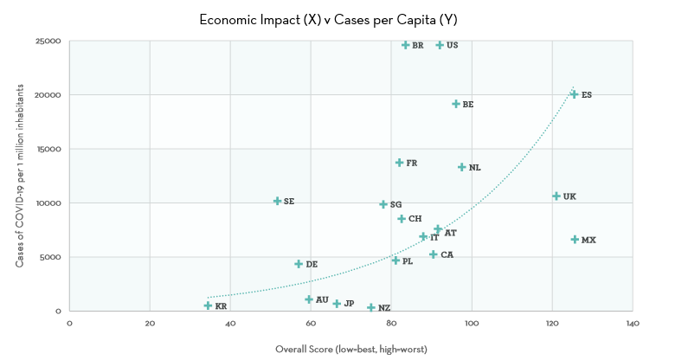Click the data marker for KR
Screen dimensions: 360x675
pyautogui.click(x=208, y=305)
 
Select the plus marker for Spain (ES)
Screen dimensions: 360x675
pyautogui.click(x=574, y=94)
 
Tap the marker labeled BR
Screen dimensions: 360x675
pyautogui.click(x=406, y=45)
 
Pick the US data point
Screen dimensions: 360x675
pyautogui.click(x=440, y=45)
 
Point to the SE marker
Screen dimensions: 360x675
pyautogui.click(x=277, y=201)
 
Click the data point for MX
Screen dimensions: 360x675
pyautogui.click(x=575, y=240)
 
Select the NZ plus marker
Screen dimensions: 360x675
pyautogui.click(x=371, y=307)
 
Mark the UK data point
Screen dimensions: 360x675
pyautogui.click(x=556, y=196)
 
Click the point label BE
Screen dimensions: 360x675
pyautogui.click(x=468, y=104)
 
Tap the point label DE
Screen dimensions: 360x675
pyautogui.click(x=312, y=264)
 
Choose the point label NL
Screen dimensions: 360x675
pyautogui.click(x=474, y=168)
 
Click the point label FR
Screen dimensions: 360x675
pyautogui.click(x=412, y=163)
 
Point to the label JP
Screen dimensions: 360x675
pyautogui.click(x=349, y=304)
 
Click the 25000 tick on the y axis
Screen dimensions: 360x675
pyautogui.click(x=48, y=41)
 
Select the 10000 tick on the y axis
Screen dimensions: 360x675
pyautogui.click(x=48, y=202)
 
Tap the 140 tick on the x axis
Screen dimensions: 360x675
pyautogui.click(x=633, y=324)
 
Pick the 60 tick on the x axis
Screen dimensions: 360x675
pyautogui.click(x=311, y=324)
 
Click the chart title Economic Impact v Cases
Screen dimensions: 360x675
pyautogui.click(x=338, y=18)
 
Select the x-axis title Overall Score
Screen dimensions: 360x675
pyautogui.click(x=350, y=349)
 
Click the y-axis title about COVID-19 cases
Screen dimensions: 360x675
pyautogui.click(x=18, y=176)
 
